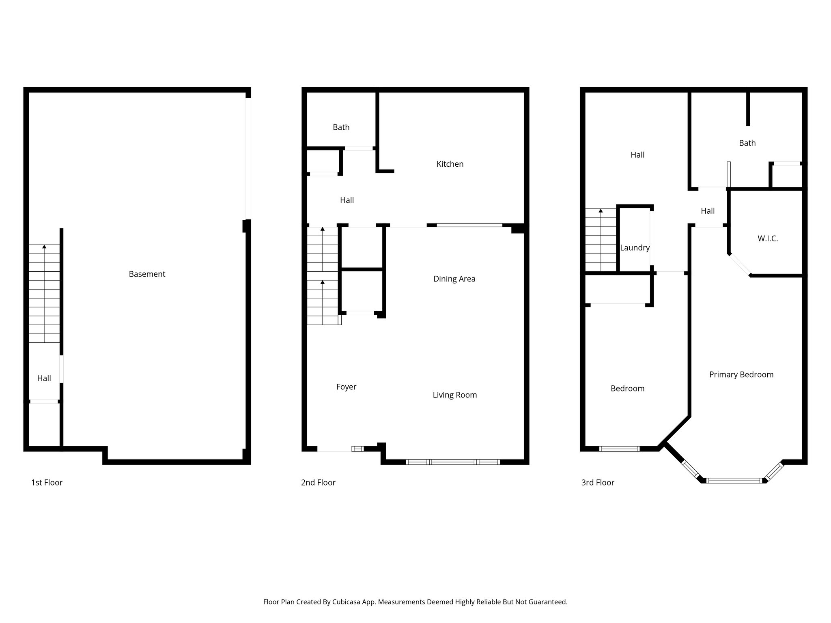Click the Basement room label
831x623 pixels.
pyautogui.click(x=147, y=274)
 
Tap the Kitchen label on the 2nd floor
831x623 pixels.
pyautogui.click(x=450, y=164)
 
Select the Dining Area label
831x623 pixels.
pyautogui.click(x=454, y=279)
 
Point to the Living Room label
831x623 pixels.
pyautogui.click(x=454, y=395)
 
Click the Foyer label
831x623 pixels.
pyautogui.click(x=346, y=387)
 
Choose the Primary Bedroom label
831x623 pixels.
pyautogui.click(x=741, y=375)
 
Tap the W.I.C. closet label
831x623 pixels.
pyautogui.click(x=767, y=239)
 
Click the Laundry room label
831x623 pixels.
pyautogui.click(x=635, y=248)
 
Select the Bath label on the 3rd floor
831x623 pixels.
pyautogui.click(x=747, y=143)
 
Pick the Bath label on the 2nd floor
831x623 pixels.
pyautogui.click(x=341, y=127)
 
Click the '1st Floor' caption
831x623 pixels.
pyautogui.click(x=47, y=483)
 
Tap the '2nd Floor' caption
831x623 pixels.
pyautogui.click(x=318, y=483)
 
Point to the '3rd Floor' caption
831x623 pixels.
pyautogui.click(x=598, y=483)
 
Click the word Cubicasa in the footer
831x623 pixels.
pyautogui.click(x=349, y=602)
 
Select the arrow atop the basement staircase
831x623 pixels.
pyautogui.click(x=44, y=247)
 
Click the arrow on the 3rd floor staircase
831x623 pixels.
pyautogui.click(x=601, y=211)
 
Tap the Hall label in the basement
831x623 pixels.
pyautogui.click(x=44, y=378)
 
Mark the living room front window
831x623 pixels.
pyautogui.click(x=452, y=462)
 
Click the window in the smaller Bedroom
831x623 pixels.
pyautogui.click(x=619, y=449)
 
